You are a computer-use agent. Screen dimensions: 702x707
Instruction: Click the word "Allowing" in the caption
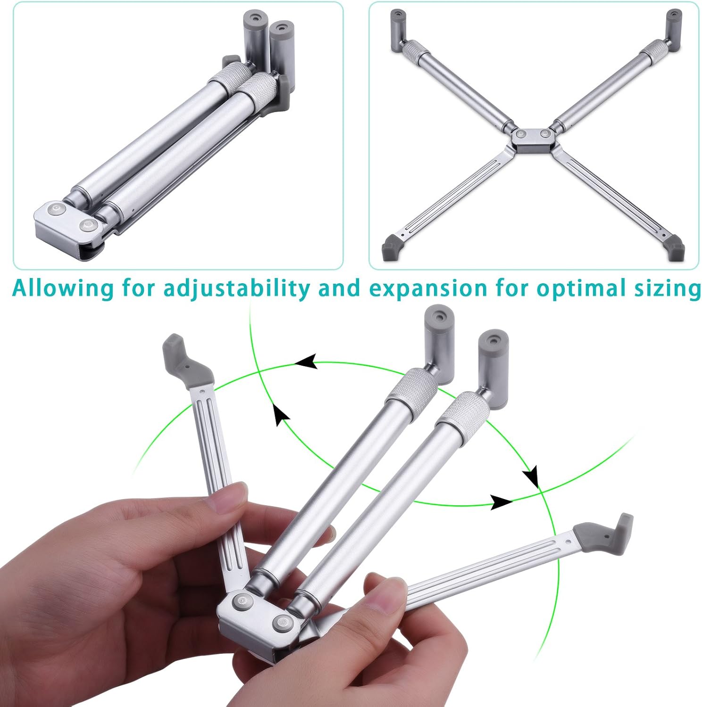click(x=62, y=288)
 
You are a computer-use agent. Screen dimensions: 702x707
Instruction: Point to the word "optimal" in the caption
click(x=582, y=288)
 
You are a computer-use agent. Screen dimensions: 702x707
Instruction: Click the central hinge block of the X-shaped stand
click(x=533, y=140)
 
